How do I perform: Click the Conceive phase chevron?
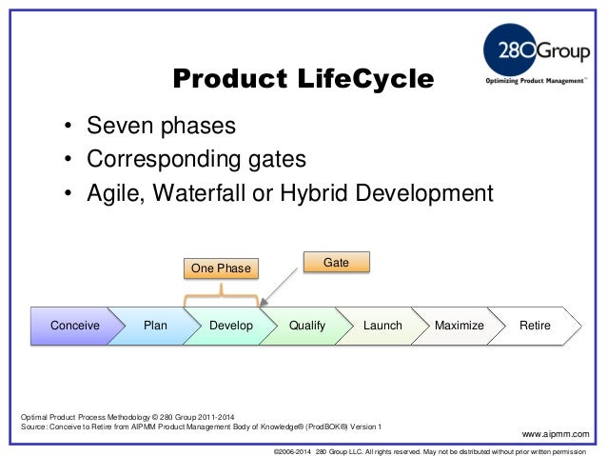tap(74, 326)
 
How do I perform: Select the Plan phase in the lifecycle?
tap(155, 326)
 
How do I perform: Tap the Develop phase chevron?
tap(231, 326)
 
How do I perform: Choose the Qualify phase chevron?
tap(306, 326)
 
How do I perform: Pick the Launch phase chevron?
tap(382, 326)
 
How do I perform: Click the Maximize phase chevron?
tap(459, 326)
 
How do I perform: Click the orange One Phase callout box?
tap(221, 269)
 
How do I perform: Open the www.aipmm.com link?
tap(562, 434)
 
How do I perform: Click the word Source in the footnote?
tap(36, 426)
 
